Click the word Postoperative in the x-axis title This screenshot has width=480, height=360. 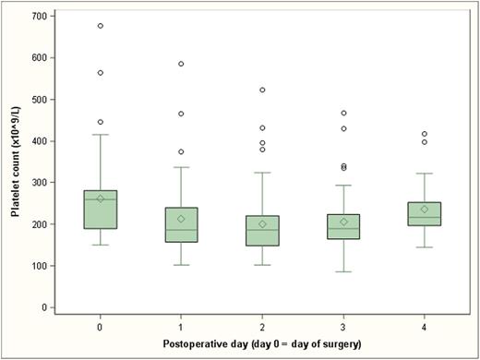click(x=174, y=345)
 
